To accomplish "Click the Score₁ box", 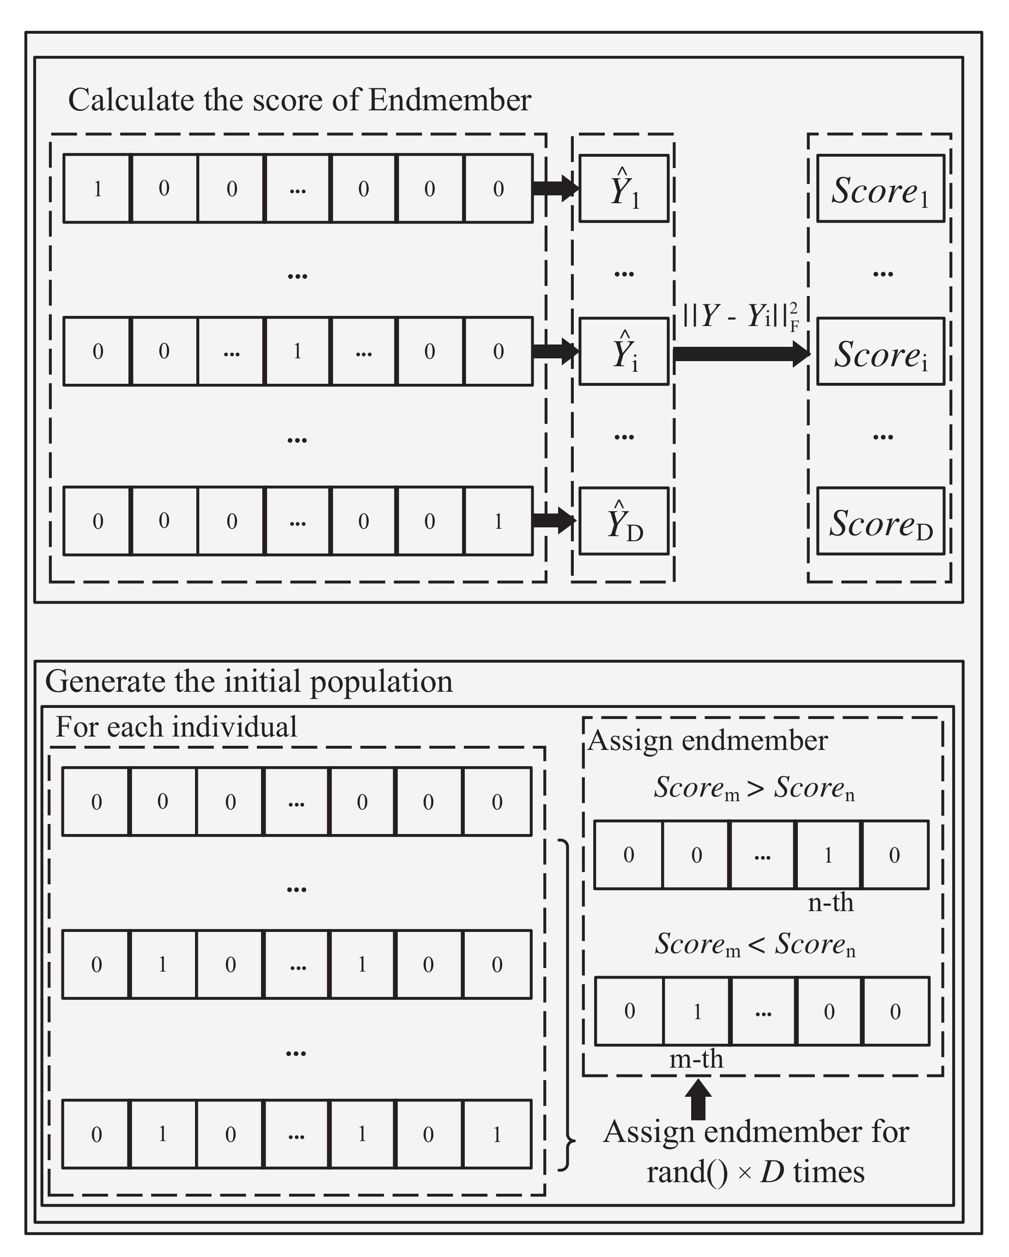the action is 880,188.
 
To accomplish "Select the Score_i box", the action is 880,351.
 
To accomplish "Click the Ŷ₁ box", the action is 624,188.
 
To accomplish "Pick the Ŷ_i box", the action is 624,351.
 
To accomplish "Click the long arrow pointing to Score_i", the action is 741,354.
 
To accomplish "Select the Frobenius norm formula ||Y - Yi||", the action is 741,317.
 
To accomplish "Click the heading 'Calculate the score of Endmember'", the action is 300,100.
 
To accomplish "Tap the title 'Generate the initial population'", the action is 249,681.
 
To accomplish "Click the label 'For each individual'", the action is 176,727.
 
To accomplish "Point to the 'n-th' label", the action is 831,902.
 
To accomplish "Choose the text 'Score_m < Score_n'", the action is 755,944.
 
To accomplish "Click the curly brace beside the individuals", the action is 566,1005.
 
